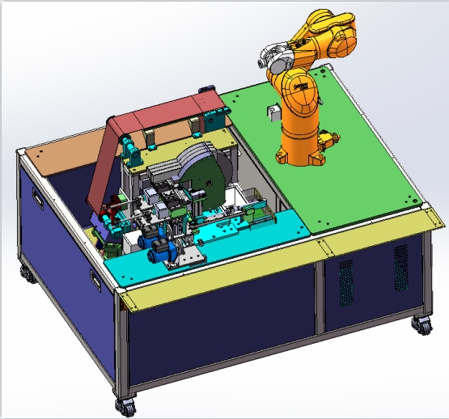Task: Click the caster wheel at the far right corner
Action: point(421,325)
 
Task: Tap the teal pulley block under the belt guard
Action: point(129,148)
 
